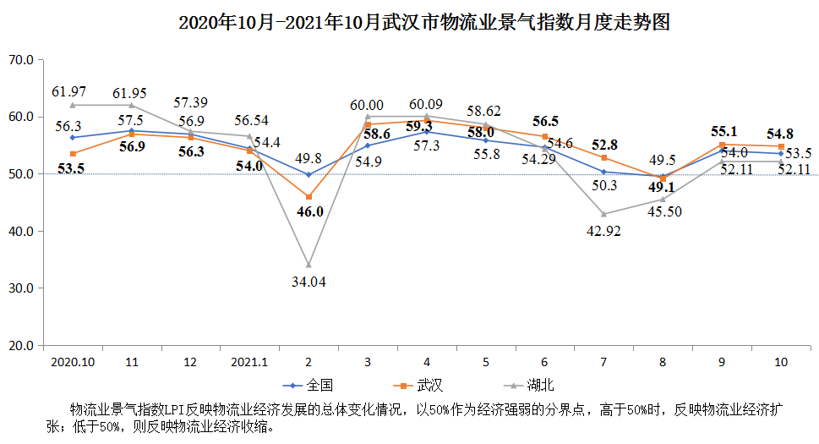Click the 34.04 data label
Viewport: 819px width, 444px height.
(308, 282)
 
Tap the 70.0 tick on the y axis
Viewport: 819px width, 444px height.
(19, 60)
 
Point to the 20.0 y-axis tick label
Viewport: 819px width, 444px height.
(19, 346)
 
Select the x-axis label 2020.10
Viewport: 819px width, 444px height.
(72, 362)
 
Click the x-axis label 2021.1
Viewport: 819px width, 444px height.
(248, 362)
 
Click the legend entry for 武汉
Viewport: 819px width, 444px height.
(419, 386)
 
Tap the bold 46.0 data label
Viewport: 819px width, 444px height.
(309, 212)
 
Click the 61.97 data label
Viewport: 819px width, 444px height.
(69, 90)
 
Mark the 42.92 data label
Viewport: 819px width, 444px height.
(603, 231)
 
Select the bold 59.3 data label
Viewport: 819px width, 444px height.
(426, 127)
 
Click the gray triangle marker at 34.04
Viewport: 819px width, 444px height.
(308, 265)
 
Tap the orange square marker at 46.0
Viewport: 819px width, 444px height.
(308, 196)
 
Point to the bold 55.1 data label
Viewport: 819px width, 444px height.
(723, 131)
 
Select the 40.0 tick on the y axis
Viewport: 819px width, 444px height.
(19, 232)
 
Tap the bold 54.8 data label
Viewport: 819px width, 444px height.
(779, 134)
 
